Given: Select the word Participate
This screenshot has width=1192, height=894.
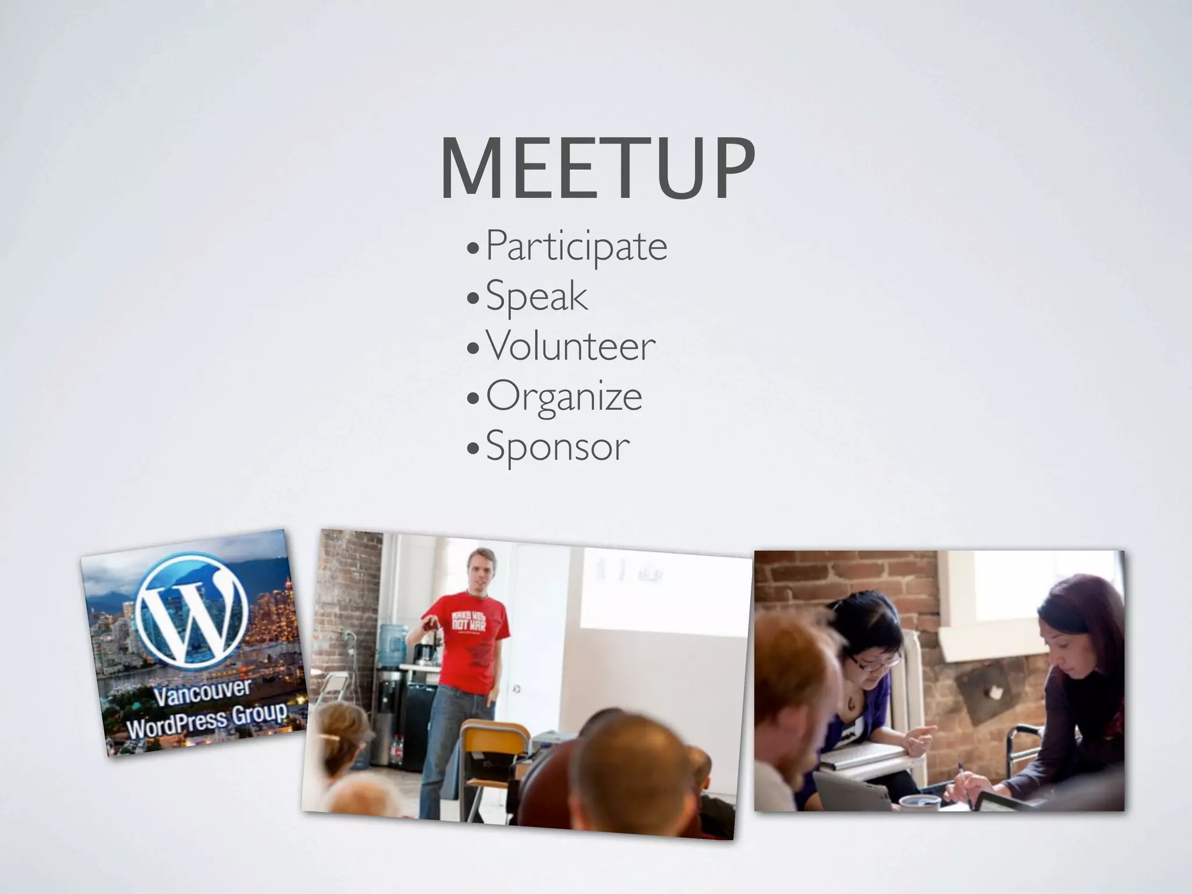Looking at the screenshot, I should point(576,246).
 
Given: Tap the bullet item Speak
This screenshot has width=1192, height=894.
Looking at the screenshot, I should point(537,296).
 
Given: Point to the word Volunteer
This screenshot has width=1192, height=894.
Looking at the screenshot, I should point(570,346).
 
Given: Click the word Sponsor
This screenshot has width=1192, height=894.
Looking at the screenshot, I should point(558,447).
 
